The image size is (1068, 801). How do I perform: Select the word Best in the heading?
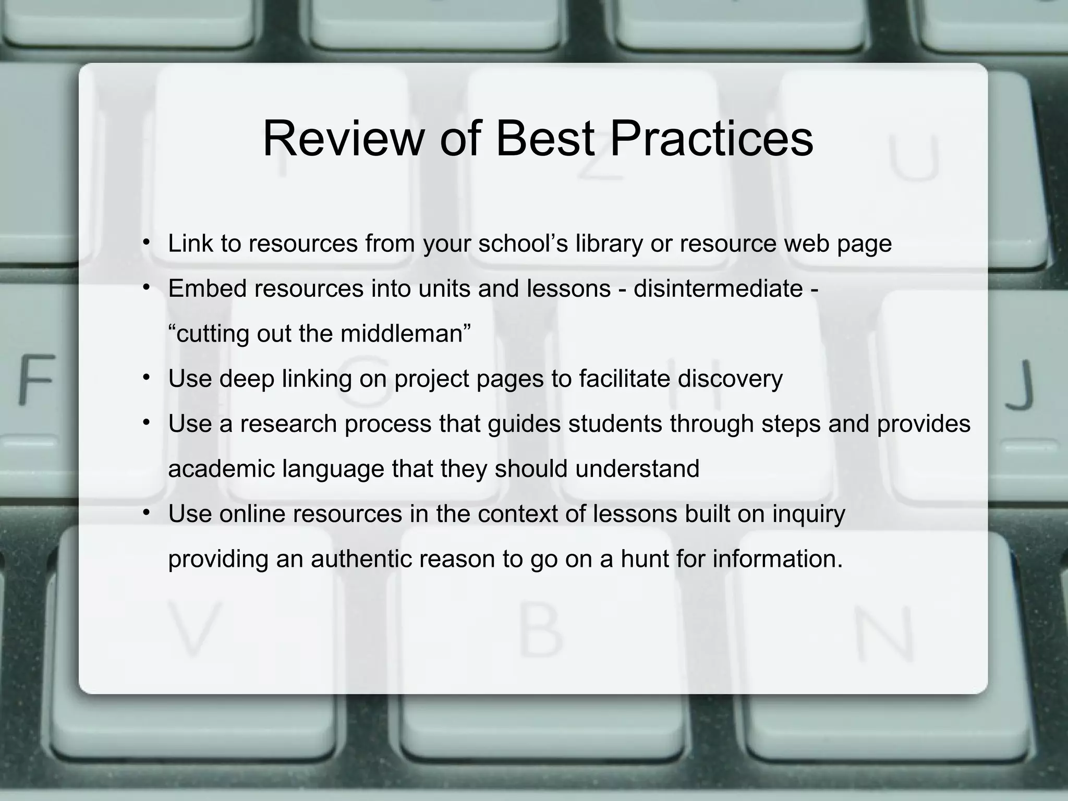(x=544, y=139)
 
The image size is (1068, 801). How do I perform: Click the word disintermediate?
(x=718, y=288)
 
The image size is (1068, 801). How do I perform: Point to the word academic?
(x=221, y=468)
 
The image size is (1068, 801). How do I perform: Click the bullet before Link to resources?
(x=148, y=242)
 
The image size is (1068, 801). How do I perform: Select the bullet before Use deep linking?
(x=148, y=377)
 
